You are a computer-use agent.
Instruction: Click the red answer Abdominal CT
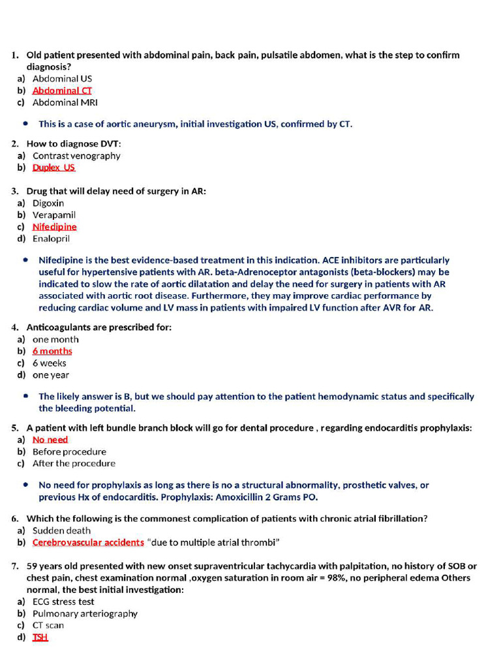point(62,91)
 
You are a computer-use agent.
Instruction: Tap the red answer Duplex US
point(53,168)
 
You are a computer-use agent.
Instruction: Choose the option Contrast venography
point(76,156)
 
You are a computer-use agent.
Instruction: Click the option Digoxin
point(48,203)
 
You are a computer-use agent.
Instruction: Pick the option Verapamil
point(54,215)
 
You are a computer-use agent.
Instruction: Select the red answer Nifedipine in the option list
point(54,227)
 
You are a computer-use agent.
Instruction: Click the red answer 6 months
point(52,351)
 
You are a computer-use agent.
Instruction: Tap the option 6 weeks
point(49,363)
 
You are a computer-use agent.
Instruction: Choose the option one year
point(50,375)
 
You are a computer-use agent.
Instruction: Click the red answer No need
point(50,440)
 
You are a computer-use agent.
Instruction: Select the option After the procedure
point(74,463)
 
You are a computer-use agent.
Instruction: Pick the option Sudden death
point(61,530)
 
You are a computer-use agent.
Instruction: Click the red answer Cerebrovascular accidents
point(88,542)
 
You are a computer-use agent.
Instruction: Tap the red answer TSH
point(40,637)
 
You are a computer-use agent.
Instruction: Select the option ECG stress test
point(63,601)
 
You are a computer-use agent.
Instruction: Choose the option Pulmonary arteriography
point(85,613)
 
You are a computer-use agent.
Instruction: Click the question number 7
point(14,566)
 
